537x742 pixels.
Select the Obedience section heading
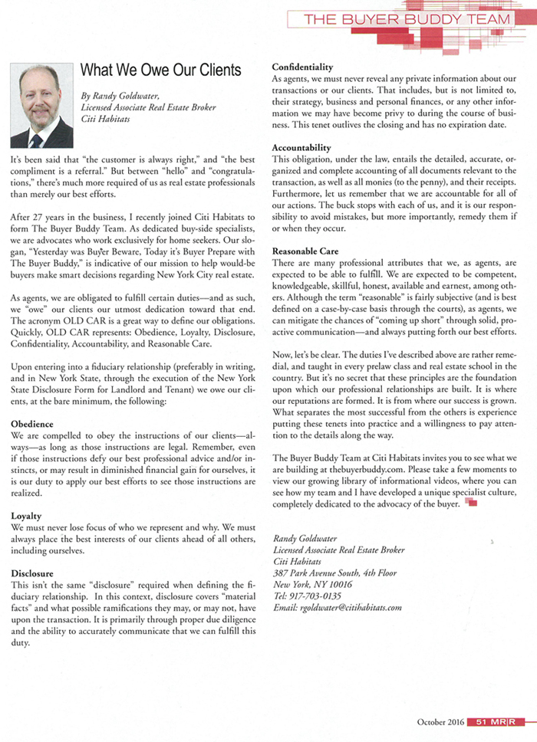(32, 423)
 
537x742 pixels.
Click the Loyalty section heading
(26, 517)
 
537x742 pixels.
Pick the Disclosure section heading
(32, 573)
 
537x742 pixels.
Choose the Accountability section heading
(302, 146)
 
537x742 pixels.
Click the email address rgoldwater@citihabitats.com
(338, 607)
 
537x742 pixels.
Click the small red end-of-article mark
(471, 503)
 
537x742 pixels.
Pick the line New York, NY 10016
(312, 584)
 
